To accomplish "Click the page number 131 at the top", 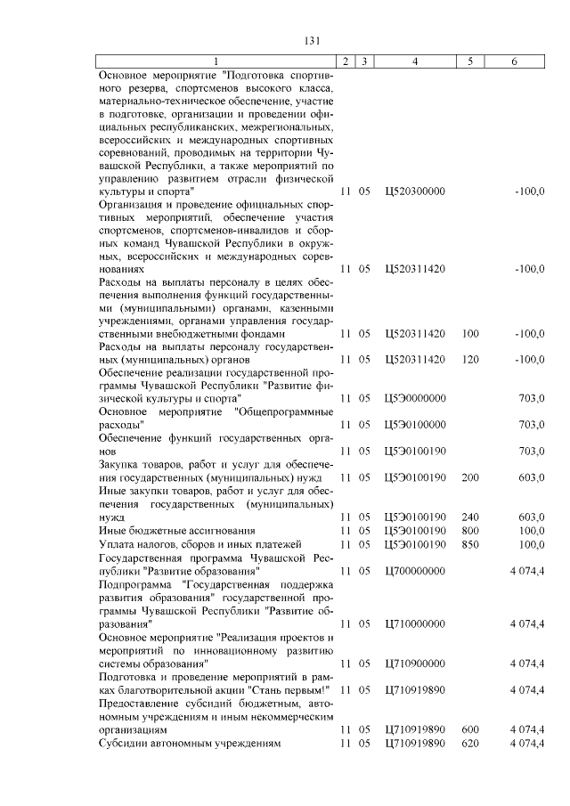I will click(x=311, y=40).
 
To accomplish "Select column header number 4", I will click(x=415, y=61).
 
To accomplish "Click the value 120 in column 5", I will click(x=470, y=359).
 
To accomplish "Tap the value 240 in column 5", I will click(x=470, y=517).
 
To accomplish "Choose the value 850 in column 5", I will click(x=470, y=543).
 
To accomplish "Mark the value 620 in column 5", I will click(x=470, y=743).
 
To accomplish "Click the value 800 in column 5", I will click(x=470, y=530).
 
